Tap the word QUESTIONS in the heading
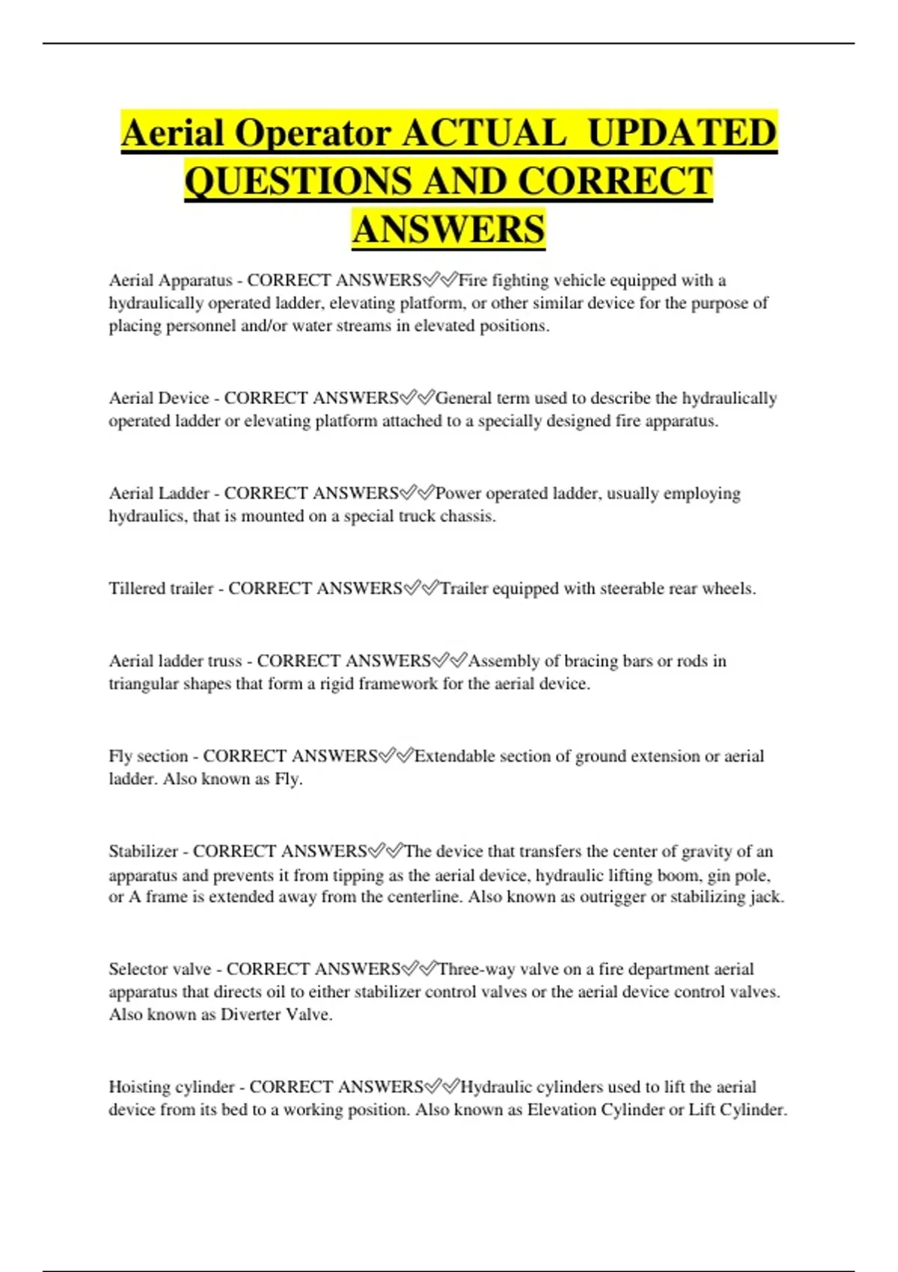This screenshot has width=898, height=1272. click(298, 182)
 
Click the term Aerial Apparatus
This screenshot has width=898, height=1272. click(171, 281)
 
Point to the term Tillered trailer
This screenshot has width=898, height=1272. click(161, 589)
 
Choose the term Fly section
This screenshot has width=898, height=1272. click(148, 756)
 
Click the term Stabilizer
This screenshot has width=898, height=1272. click(143, 851)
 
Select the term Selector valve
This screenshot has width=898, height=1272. click(159, 970)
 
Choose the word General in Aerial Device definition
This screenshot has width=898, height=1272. click(464, 398)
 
